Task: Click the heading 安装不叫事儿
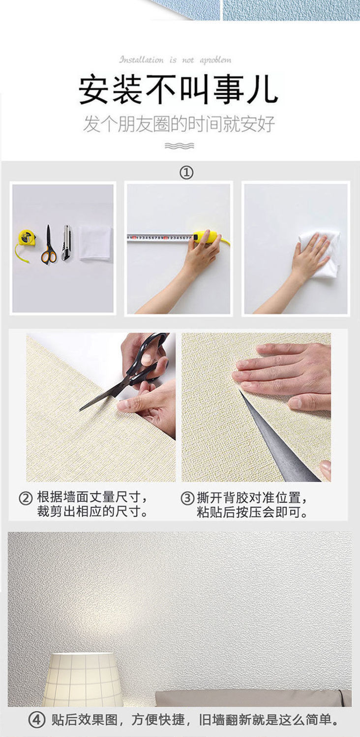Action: (179, 90)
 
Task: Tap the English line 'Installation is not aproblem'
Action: (175, 60)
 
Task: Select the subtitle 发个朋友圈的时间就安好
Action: (179, 124)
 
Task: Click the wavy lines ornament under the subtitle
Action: (180, 146)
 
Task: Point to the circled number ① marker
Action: (186, 172)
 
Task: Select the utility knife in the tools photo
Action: (66, 243)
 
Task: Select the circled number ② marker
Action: (26, 498)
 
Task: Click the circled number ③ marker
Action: (187, 498)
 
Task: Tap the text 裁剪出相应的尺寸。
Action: (92, 512)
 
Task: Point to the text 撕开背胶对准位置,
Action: (252, 498)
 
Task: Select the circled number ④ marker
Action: (36, 720)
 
